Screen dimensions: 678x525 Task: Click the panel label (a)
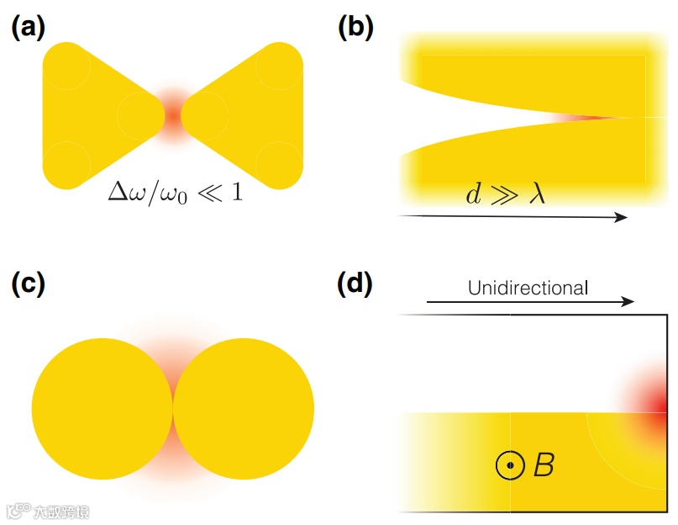coord(27,28)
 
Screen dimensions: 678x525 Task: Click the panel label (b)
coord(355,28)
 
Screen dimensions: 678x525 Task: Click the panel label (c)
coord(27,284)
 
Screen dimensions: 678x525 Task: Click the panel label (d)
coord(355,284)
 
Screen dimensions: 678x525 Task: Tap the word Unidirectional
coord(528,288)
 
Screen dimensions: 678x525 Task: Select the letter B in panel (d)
coord(544,464)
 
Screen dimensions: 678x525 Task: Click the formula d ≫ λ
coord(505,194)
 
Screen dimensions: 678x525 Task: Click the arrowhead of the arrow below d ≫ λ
coord(622,217)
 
